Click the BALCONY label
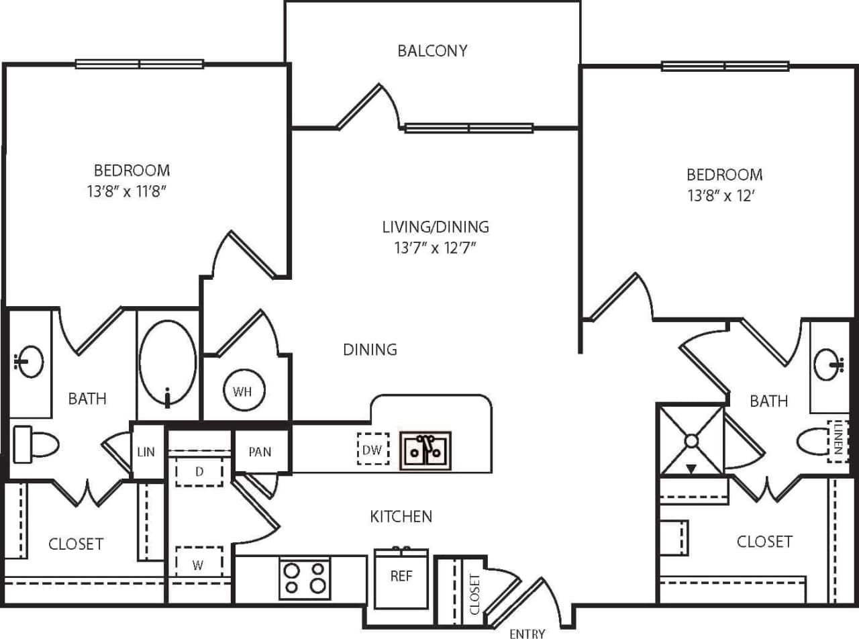pyautogui.click(x=432, y=51)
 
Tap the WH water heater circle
pyautogui.click(x=242, y=391)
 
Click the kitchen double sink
pyautogui.click(x=426, y=450)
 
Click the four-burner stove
pyautogui.click(x=305, y=578)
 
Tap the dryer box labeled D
pyautogui.click(x=199, y=472)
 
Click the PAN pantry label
pyautogui.click(x=260, y=452)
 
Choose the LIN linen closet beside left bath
pyautogui.click(x=146, y=452)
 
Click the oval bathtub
pyautogui.click(x=167, y=362)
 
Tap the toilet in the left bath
pyautogui.click(x=37, y=444)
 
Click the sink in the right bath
pyautogui.click(x=828, y=365)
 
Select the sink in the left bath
pyautogui.click(x=28, y=362)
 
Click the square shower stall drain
pyautogui.click(x=691, y=440)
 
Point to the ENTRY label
pyautogui.click(x=527, y=632)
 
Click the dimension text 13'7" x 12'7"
pyautogui.click(x=436, y=248)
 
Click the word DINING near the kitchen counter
pyautogui.click(x=370, y=350)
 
